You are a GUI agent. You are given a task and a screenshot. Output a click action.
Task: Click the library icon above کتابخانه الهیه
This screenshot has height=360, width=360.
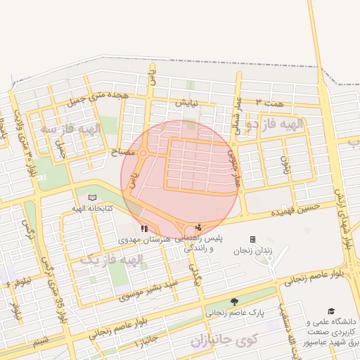click(94, 198)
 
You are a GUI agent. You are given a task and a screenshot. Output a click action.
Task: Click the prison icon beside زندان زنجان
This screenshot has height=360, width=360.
click(252, 239)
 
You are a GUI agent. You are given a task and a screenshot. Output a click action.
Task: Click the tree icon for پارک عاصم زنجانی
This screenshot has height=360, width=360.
click(234, 302)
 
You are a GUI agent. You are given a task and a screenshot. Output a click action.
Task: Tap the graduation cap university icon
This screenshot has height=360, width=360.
click(331, 311)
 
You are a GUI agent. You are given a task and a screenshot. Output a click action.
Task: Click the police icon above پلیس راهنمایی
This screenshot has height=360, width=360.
click(198, 227)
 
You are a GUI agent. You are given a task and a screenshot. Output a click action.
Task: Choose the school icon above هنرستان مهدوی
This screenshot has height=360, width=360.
click(144, 228)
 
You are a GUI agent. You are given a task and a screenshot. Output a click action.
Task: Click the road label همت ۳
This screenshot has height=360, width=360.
click(269, 103)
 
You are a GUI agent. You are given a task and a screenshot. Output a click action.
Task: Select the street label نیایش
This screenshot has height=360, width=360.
click(187, 103)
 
